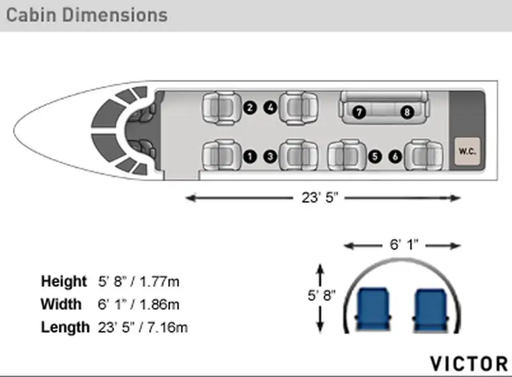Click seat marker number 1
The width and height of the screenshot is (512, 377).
pyautogui.click(x=250, y=156)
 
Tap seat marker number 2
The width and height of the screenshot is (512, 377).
pyautogui.click(x=250, y=108)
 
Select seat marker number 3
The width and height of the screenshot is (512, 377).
pyautogui.click(x=270, y=156)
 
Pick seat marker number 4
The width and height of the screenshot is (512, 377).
pyautogui.click(x=270, y=108)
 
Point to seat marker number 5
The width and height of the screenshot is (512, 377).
pyautogui.click(x=375, y=156)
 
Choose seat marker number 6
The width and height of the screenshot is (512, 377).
pyautogui.click(x=395, y=156)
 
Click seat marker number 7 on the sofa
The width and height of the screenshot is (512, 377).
pyautogui.click(x=359, y=112)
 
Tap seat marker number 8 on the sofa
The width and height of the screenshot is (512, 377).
pyautogui.click(x=407, y=112)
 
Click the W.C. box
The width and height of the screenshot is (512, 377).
pyautogui.click(x=467, y=151)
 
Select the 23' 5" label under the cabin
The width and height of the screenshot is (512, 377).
pyautogui.click(x=320, y=198)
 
